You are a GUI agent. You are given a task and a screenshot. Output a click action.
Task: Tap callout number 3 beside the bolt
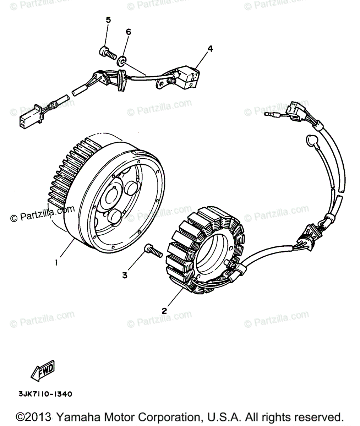pyautogui.click(x=125, y=275)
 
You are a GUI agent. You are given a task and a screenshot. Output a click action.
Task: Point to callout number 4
pyautogui.click(x=210, y=49)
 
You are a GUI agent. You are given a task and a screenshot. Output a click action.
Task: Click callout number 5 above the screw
pyautogui.click(x=108, y=20)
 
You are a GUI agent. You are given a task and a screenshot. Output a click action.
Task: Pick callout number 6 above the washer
pyautogui.click(x=128, y=32)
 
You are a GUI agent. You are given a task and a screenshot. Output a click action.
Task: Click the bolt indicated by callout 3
pyautogui.click(x=153, y=251)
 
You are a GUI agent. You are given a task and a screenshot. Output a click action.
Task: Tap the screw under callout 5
pyautogui.click(x=107, y=53)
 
